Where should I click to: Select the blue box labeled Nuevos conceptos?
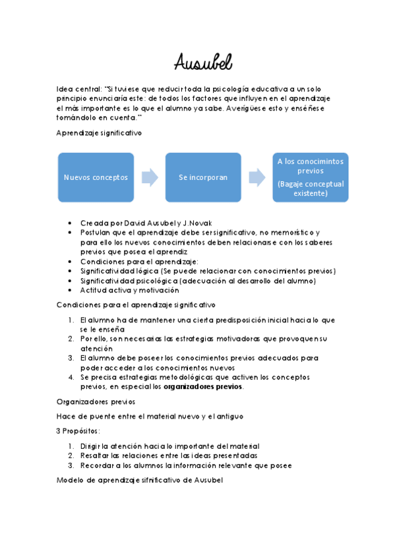96,177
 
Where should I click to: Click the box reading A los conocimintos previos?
310,165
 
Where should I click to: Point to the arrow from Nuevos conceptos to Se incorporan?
150,177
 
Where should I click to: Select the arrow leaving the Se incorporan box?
257,177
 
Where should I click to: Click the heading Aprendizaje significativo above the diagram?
100,132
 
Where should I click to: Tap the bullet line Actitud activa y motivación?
129,290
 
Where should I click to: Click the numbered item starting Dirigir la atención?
169,446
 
